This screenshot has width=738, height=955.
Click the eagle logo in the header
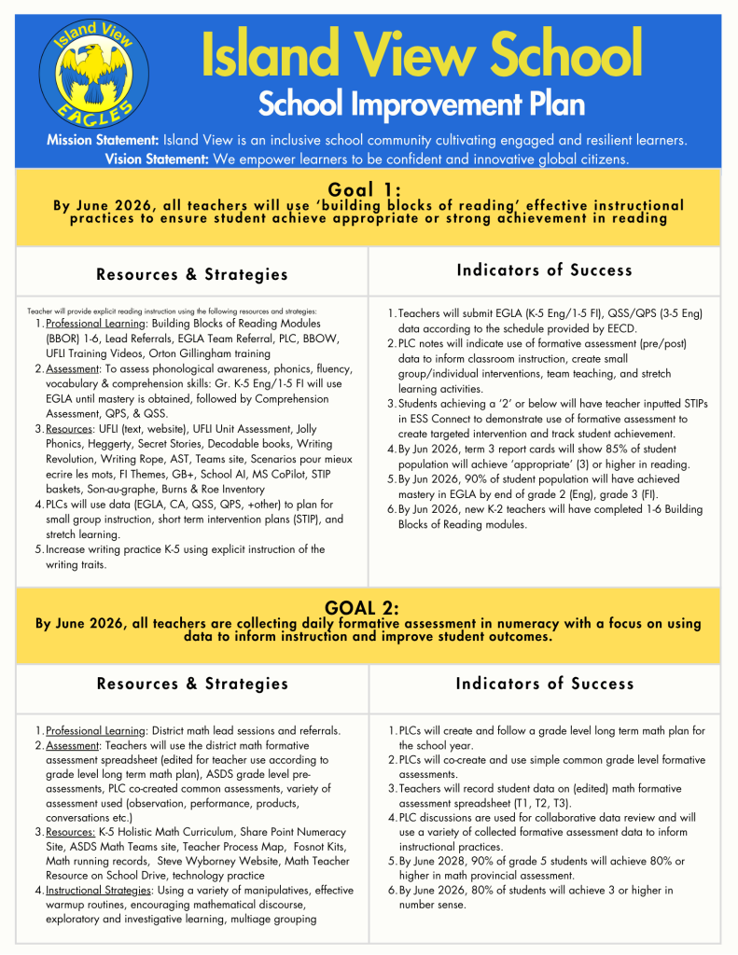click(x=92, y=72)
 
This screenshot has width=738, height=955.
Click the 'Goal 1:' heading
click(x=368, y=189)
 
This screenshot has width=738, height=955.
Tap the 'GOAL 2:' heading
click(x=368, y=608)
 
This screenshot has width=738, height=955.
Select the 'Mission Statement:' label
click(x=104, y=140)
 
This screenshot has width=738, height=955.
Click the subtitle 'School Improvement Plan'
click(x=421, y=104)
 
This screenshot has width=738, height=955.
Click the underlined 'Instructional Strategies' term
click(x=98, y=891)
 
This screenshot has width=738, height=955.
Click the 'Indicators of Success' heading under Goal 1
click(x=544, y=270)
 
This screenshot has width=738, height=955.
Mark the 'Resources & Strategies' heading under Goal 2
click(x=192, y=684)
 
